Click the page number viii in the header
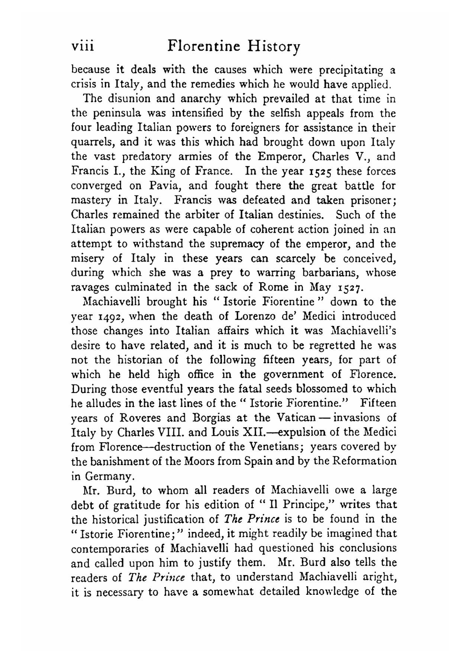click(x=83, y=46)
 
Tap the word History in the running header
click(x=274, y=47)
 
